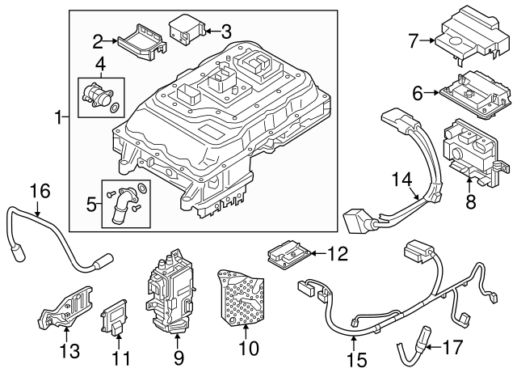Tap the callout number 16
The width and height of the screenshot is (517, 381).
tap(40, 192)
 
